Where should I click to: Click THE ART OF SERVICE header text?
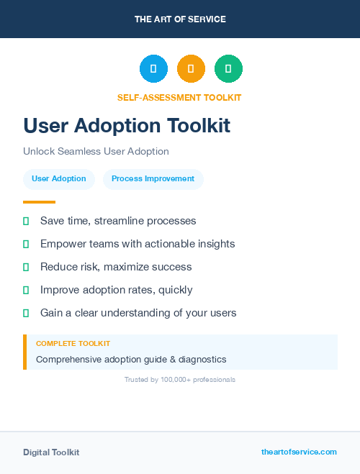(180, 19)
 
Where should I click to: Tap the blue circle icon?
(153, 69)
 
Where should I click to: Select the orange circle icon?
(191, 69)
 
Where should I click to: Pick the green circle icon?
(228, 69)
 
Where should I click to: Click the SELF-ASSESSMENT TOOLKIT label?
(179, 97)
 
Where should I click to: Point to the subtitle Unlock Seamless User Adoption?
(96, 152)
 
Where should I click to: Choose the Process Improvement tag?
(153, 179)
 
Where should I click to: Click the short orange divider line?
(39, 202)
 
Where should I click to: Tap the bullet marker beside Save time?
(26, 221)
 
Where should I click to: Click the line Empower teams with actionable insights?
(138, 244)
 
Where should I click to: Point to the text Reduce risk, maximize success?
(116, 267)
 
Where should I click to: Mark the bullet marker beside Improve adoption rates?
(26, 290)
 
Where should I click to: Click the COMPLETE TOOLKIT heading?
(73, 344)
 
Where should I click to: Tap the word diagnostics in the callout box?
(199, 359)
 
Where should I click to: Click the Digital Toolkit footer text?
(51, 452)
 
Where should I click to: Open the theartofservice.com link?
(299, 452)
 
